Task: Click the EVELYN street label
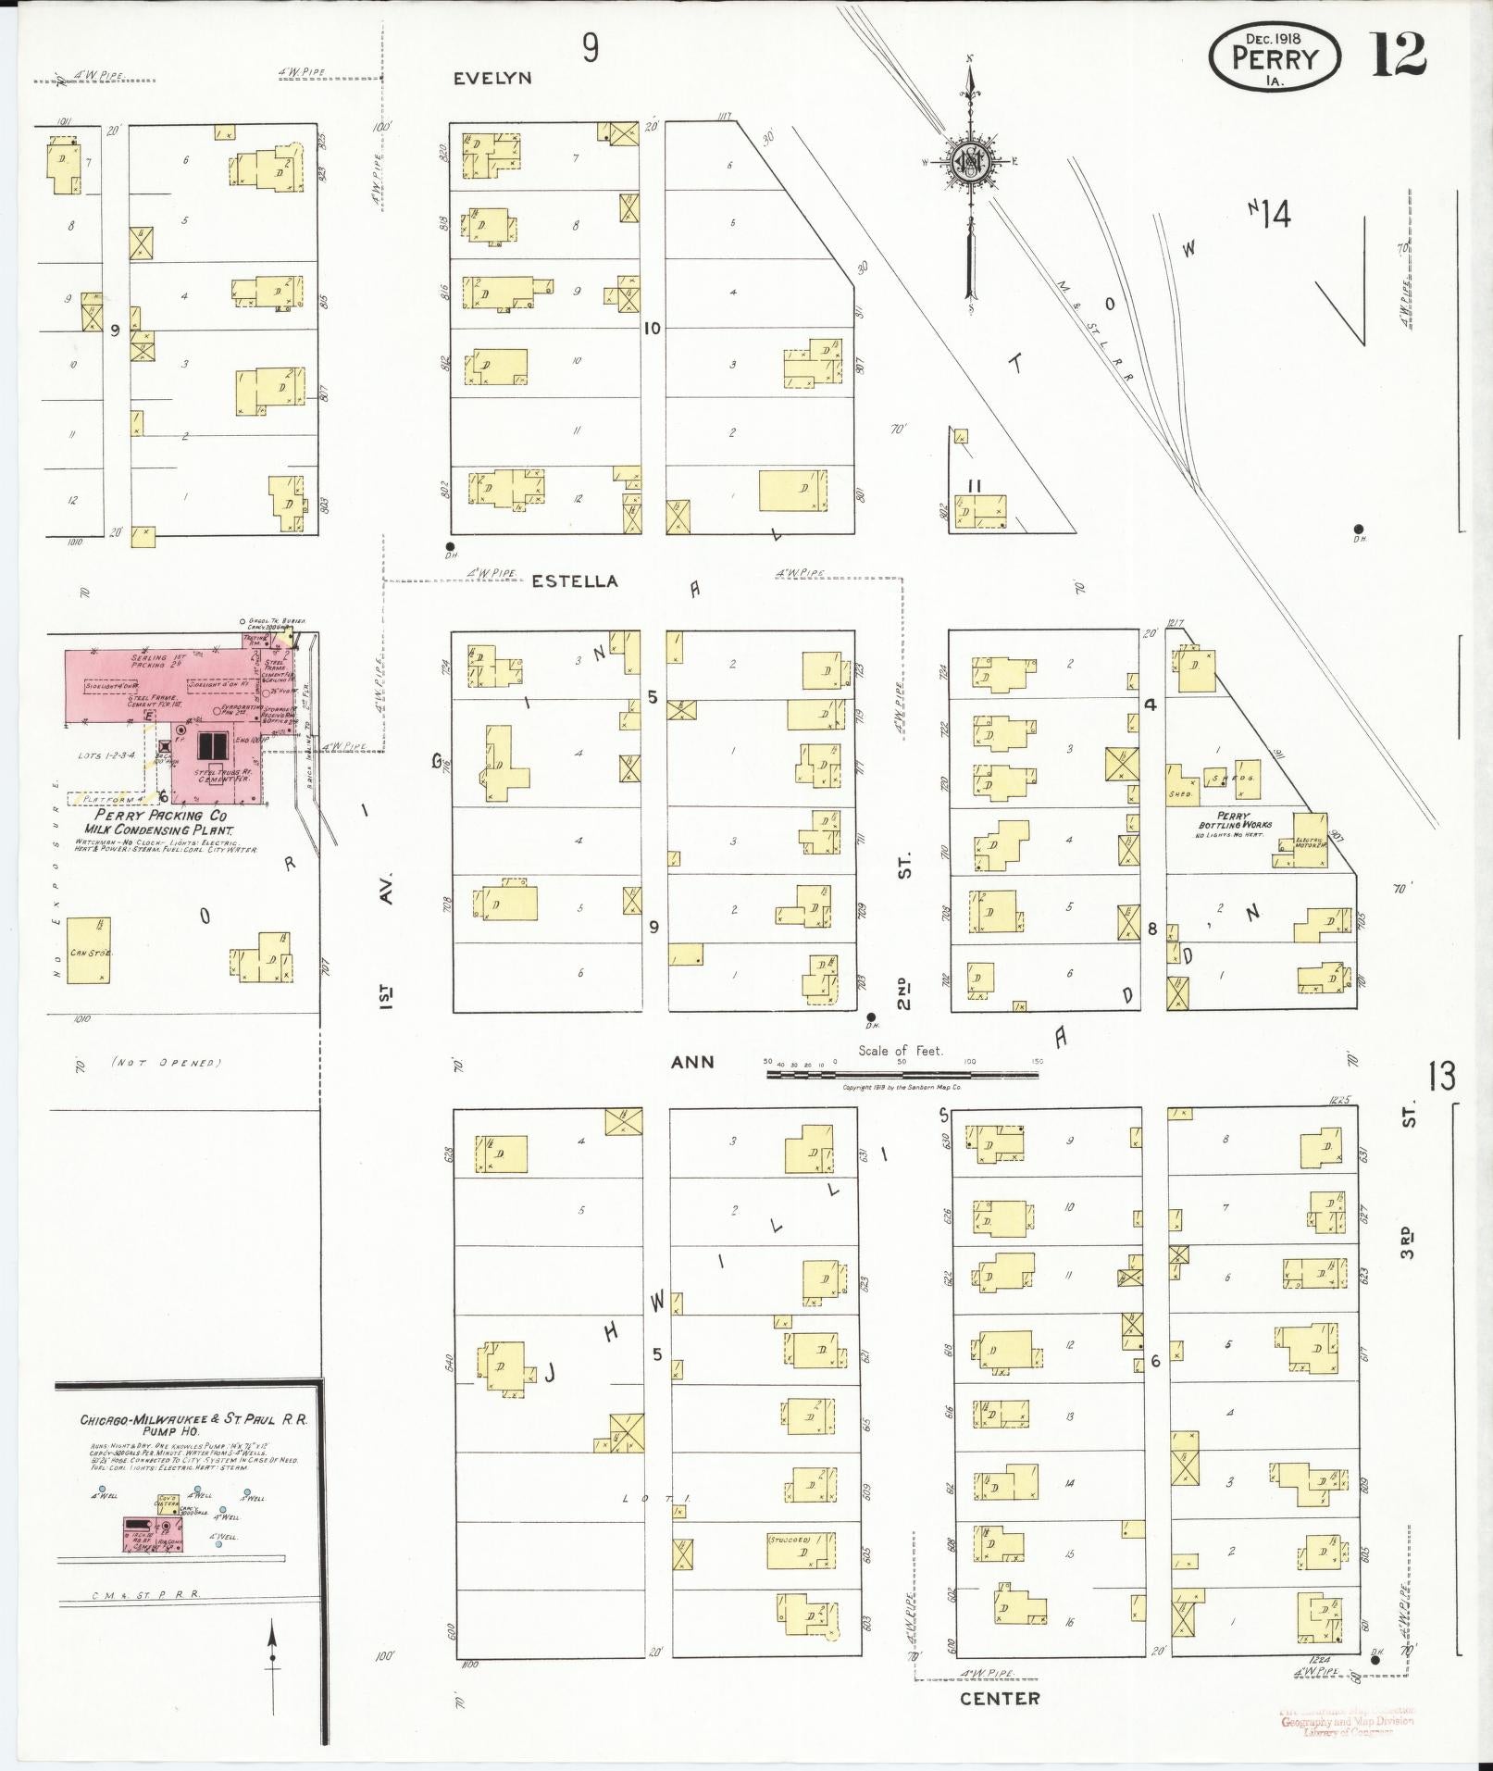coord(491,79)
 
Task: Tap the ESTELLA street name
coord(574,581)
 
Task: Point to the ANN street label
coord(692,1061)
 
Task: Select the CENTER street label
coord(1000,1699)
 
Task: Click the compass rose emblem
coord(970,162)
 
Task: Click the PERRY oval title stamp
coord(1275,57)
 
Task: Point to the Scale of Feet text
coord(900,1051)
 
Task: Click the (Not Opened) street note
coord(166,1063)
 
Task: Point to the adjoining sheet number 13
coord(1440,1076)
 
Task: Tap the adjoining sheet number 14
coord(1274,215)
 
